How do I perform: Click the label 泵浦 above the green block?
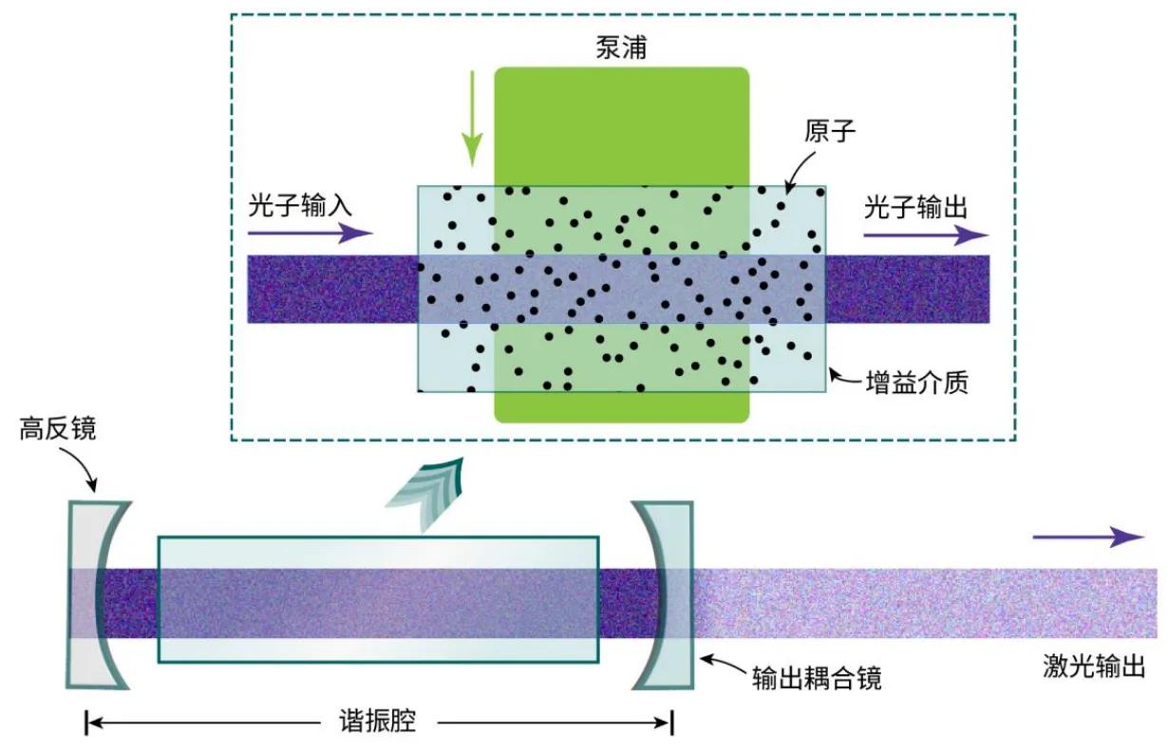[621, 47]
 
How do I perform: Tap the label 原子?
[830, 130]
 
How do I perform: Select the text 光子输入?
[300, 205]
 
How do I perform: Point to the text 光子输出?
[915, 207]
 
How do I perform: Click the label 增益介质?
[917, 383]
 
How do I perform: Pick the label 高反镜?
[58, 429]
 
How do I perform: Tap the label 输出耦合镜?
[817, 678]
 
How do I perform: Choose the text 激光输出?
[1094, 666]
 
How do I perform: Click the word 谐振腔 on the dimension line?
[378, 722]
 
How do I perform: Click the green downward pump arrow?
[472, 119]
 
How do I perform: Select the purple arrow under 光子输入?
[311, 233]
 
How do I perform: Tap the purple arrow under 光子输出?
[926, 235]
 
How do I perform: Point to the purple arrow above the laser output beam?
[1088, 536]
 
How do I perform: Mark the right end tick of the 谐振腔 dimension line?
[671, 723]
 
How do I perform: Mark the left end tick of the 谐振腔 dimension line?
[86, 723]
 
